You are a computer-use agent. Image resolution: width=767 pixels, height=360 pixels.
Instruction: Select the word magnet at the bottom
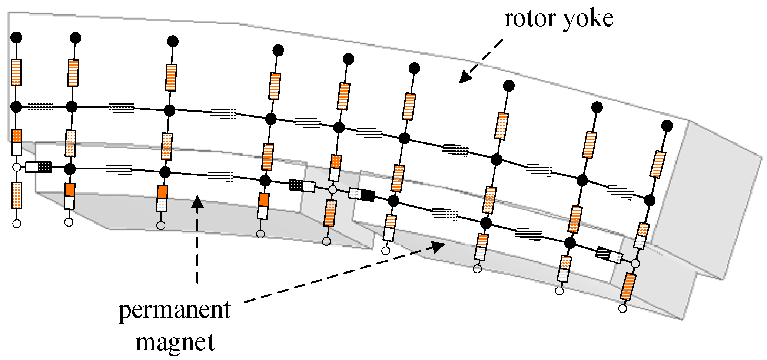click(175, 342)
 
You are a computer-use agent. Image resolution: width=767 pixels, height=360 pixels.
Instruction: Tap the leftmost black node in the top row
click(16, 37)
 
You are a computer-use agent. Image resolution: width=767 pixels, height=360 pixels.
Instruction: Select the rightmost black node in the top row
click(667, 126)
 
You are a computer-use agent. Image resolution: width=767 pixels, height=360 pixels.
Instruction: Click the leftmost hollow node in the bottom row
click(17, 224)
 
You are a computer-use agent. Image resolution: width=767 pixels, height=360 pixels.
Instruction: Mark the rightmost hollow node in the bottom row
click(623, 308)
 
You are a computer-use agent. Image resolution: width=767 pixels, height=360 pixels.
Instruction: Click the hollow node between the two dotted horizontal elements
click(332, 189)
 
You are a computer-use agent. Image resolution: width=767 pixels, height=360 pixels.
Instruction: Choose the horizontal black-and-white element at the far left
click(38, 167)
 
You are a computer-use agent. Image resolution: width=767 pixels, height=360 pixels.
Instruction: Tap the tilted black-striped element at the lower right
click(609, 255)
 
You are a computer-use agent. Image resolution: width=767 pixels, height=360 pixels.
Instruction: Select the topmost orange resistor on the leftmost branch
click(16, 72)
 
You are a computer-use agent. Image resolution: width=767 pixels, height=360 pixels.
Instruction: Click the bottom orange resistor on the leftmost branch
click(17, 195)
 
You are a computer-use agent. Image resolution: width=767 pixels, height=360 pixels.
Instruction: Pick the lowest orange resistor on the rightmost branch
click(628, 287)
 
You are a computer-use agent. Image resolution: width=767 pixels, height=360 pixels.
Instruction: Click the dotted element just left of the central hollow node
click(302, 185)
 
